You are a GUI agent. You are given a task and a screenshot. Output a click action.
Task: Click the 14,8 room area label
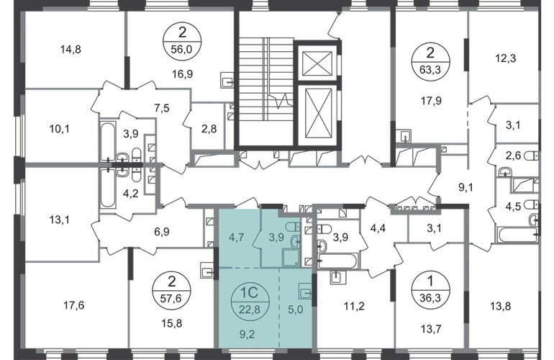71,49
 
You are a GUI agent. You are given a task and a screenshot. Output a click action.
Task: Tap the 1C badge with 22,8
250,302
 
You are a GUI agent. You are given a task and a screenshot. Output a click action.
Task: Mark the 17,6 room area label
74,305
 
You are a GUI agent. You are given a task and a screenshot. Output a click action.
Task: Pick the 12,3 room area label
506,58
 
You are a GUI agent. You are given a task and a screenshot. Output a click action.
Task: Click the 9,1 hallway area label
466,187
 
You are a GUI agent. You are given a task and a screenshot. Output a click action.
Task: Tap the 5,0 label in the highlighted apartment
296,310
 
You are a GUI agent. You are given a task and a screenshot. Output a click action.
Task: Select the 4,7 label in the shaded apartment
236,237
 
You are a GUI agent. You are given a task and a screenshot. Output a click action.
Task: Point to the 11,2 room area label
354,306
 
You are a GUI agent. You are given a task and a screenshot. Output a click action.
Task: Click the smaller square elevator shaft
317,63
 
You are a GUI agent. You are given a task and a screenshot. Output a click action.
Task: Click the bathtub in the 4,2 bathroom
108,189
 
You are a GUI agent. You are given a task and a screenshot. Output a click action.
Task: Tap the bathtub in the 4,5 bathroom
517,235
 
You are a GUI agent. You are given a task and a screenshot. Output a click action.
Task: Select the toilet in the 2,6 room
531,156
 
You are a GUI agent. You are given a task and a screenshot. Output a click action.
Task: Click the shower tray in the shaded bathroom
291,258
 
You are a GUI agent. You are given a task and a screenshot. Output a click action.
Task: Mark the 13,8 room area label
501,306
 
